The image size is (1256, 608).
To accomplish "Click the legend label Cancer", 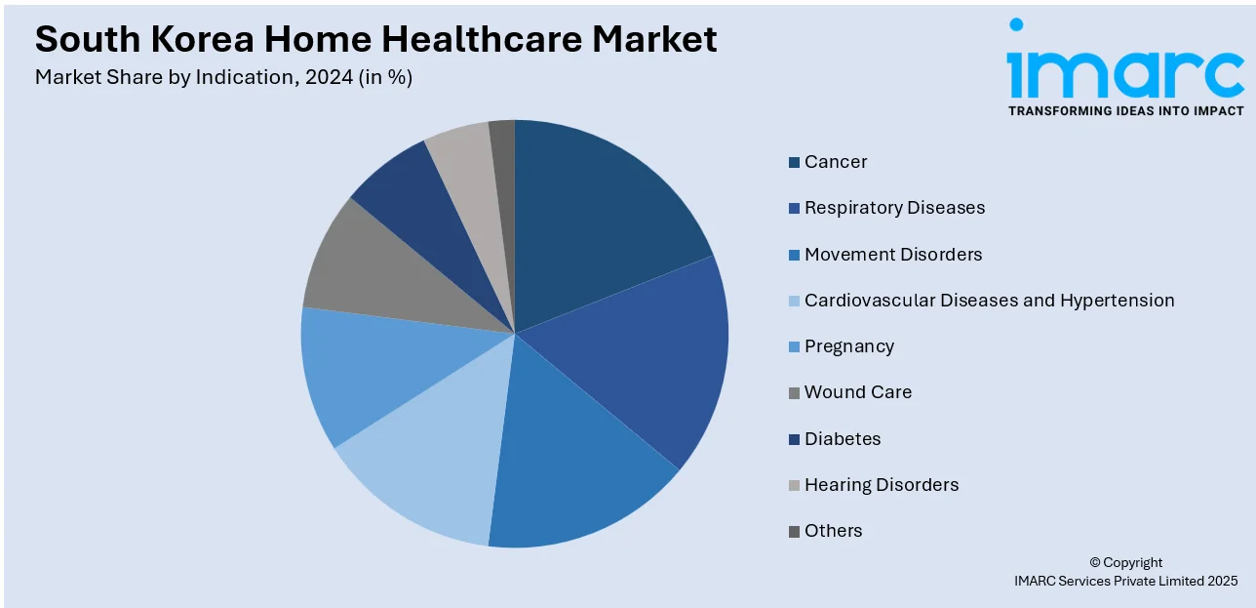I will pos(836,162).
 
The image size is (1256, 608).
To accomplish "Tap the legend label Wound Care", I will pos(858,392).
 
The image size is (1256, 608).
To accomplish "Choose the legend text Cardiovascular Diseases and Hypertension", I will pos(989,301).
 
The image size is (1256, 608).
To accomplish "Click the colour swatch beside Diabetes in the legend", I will pos(795,440).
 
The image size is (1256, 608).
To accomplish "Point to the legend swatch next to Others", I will pos(795,532).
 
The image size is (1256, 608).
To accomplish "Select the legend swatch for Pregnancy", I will pos(795,347).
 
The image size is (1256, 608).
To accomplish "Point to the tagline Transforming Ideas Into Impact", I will pos(1125,111).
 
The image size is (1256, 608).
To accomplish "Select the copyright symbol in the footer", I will pos(1095,563).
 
